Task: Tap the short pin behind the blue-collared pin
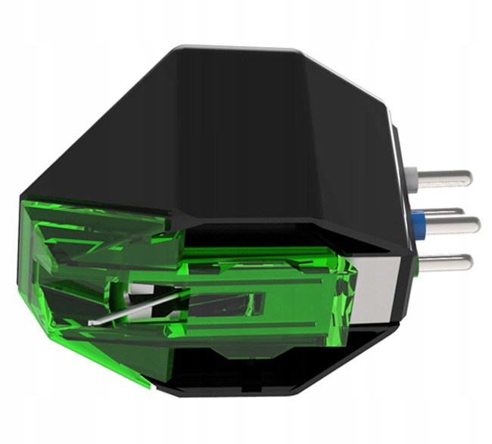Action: click(443, 211)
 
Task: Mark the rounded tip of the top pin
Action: click(469, 179)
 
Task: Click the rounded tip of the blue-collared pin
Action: click(476, 225)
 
